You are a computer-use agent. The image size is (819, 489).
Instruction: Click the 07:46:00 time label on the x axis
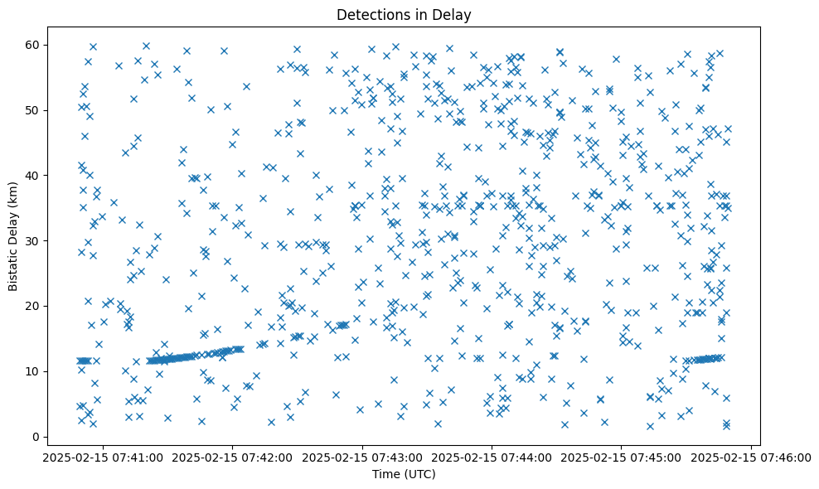click(x=751, y=457)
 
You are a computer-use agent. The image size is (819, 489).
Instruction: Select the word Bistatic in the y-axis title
click(x=13, y=264)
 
